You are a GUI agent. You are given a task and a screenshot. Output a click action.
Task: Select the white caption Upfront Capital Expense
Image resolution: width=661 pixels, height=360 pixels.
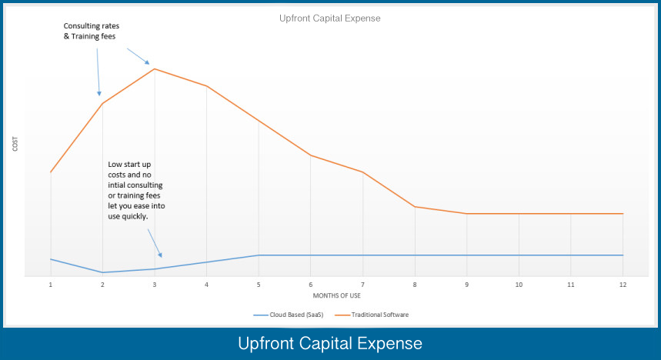330,342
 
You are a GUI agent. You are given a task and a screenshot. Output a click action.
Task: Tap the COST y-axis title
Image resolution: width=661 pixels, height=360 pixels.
15,143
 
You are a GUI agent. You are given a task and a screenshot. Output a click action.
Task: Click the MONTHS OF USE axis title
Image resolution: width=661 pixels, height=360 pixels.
336,295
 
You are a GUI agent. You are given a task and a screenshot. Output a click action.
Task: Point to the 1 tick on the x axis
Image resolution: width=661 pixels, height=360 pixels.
51,285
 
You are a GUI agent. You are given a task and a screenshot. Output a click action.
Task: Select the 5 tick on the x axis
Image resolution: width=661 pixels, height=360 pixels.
259,285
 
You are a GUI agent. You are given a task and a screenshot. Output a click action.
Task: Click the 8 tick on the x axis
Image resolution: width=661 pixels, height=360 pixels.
415,285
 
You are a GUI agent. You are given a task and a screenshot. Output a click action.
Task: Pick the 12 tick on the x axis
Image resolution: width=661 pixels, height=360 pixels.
623,285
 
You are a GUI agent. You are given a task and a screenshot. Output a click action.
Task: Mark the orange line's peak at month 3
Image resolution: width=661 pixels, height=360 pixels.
155,69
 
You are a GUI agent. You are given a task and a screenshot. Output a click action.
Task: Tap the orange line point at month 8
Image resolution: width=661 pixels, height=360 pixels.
415,206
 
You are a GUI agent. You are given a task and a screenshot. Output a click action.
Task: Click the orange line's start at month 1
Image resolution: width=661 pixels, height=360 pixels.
51,172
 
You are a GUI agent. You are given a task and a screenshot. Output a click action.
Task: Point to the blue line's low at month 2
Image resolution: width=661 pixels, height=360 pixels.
102,272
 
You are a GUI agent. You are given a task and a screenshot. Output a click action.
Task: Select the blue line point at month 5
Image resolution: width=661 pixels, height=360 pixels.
259,255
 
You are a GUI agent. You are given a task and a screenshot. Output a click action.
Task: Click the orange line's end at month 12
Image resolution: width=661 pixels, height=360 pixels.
623,214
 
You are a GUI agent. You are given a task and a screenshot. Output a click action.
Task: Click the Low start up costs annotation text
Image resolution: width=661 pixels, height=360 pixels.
135,190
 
